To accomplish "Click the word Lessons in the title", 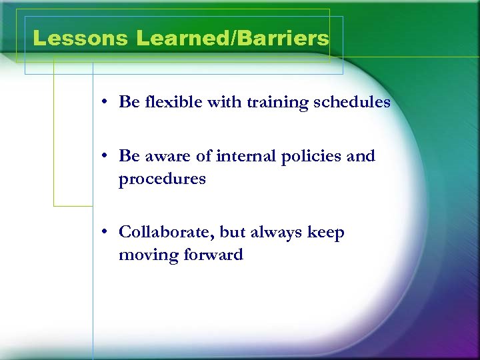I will click(80, 39).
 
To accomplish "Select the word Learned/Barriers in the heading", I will click(233, 39).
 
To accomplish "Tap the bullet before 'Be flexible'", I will click(106, 103).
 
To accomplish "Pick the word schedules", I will click(349, 102).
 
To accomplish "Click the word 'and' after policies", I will click(361, 156).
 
